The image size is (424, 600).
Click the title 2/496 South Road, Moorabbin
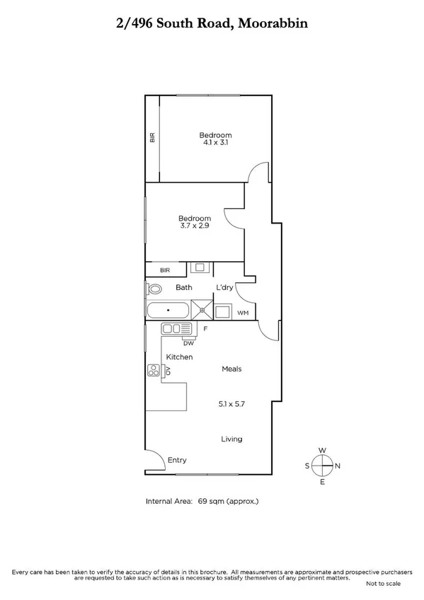[x=212, y=23]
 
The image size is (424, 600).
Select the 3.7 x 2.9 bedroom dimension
[x=194, y=226]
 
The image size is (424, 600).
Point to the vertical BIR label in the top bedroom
[x=151, y=137]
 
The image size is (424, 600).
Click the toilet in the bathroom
[x=153, y=289]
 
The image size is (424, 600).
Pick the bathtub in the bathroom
[x=168, y=310]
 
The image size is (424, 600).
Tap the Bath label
[x=184, y=287]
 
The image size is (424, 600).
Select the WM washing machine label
[x=242, y=312]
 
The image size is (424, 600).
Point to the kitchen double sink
[x=172, y=328]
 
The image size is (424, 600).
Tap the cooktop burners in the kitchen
[x=153, y=371]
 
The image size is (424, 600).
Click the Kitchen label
[x=178, y=357]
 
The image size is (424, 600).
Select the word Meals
[x=231, y=369]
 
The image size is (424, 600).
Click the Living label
[x=231, y=439]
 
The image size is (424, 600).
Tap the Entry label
[x=177, y=461]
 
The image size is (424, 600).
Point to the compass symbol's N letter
[x=338, y=466]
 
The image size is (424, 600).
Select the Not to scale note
[x=383, y=584]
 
